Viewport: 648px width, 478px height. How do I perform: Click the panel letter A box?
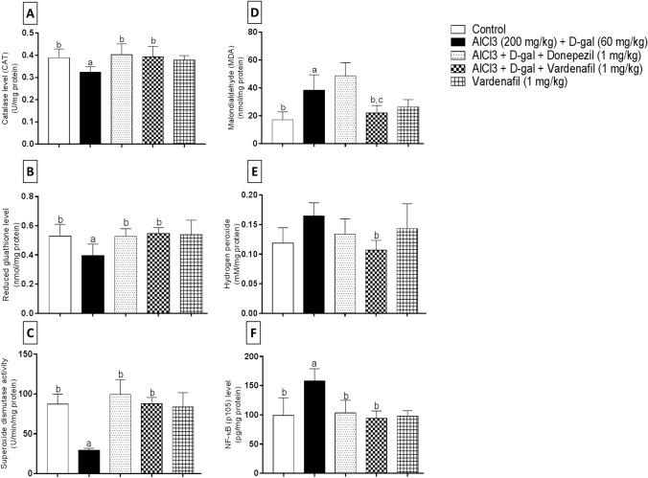(x=16, y=15)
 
